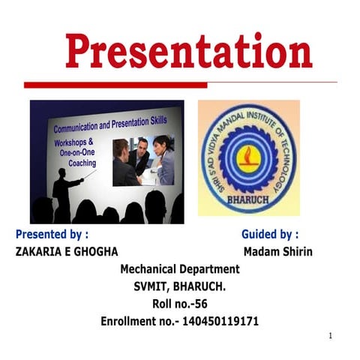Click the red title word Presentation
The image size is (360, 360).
[188, 52]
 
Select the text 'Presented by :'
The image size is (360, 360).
[57, 234]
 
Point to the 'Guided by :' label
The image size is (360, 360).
[270, 234]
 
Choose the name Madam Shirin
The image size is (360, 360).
[277, 251]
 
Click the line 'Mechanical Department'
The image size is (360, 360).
[180, 268]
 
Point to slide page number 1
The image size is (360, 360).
[330, 336]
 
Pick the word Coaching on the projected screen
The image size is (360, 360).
[82, 162]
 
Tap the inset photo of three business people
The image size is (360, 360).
[143, 160]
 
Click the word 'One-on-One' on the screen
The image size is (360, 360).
[78, 151]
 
